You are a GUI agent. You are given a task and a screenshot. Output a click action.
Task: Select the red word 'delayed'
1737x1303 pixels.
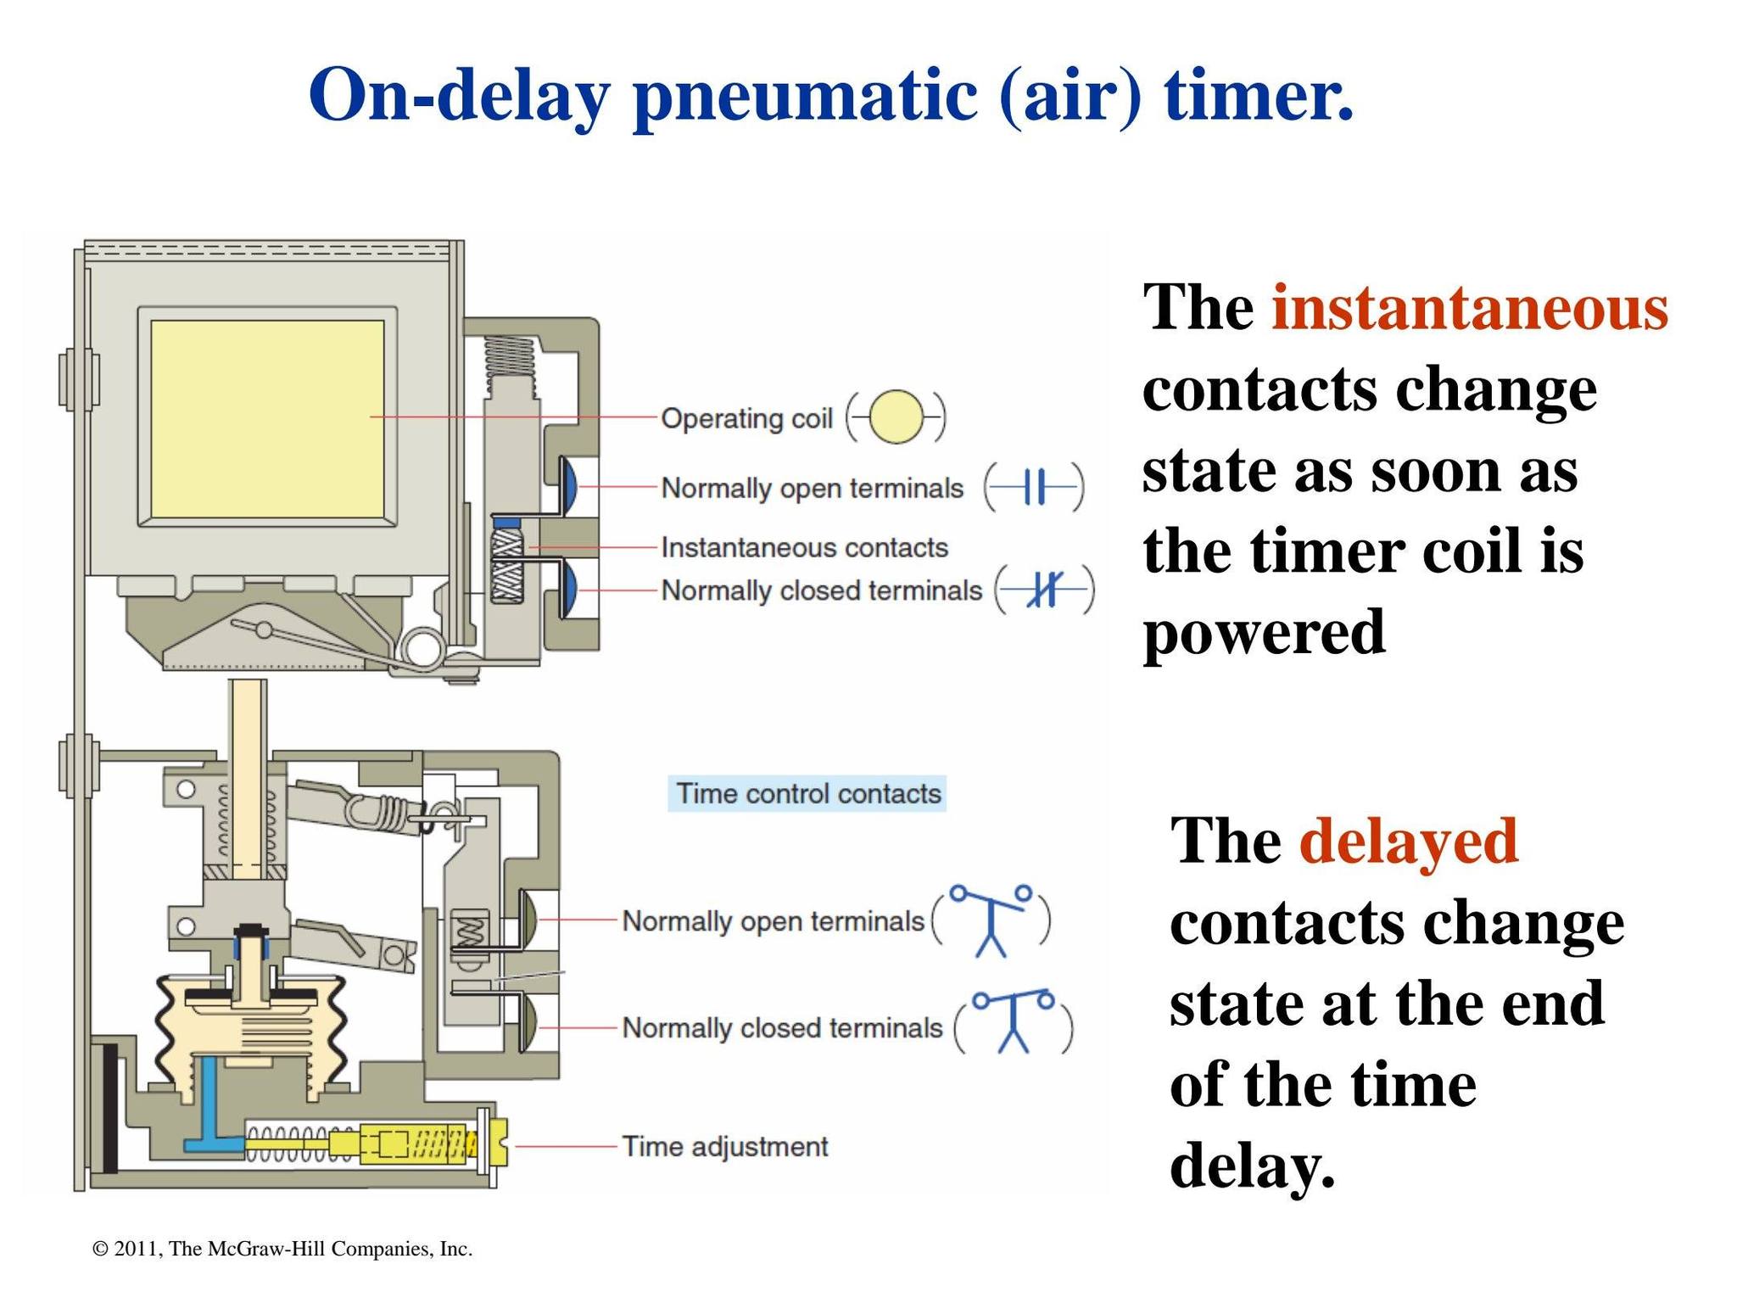[x=1409, y=840]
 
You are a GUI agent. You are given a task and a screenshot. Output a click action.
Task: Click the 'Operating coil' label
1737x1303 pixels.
[x=746, y=418]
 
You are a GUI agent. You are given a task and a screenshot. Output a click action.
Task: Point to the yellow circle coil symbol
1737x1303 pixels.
[x=896, y=417]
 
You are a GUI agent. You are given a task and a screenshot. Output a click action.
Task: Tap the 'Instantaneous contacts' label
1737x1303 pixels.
[x=804, y=547]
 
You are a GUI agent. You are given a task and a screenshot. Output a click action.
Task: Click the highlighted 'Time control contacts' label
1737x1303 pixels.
[x=807, y=794]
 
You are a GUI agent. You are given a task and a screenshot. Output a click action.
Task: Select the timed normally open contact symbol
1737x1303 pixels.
[x=991, y=920]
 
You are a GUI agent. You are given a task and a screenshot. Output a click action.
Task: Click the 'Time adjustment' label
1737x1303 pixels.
[x=725, y=1147]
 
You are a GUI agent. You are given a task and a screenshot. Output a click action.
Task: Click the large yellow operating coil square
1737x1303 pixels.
[x=267, y=418]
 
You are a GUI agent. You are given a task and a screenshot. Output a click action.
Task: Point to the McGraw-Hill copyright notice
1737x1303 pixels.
[x=282, y=1249]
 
